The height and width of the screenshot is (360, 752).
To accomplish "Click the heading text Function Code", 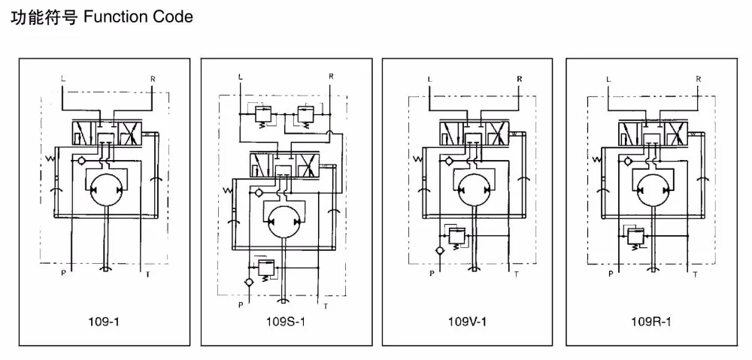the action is coord(138,17).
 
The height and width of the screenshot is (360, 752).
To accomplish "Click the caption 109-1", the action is coord(105,322).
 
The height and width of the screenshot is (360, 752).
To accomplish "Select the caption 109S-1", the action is coord(285,322).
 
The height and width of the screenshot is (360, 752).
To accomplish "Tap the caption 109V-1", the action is coord(467,322).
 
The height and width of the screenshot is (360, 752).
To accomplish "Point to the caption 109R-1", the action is coord(651,322).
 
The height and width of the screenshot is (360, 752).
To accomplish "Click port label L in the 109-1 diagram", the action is coord(63,77).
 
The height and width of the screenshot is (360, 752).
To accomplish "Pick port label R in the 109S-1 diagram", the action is coord(331,76).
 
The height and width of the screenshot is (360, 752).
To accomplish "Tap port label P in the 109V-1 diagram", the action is coord(432,274).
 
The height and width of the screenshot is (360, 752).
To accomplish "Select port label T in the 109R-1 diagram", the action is coord(695,274).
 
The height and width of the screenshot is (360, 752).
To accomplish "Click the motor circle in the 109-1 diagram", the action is coord(105,190).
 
